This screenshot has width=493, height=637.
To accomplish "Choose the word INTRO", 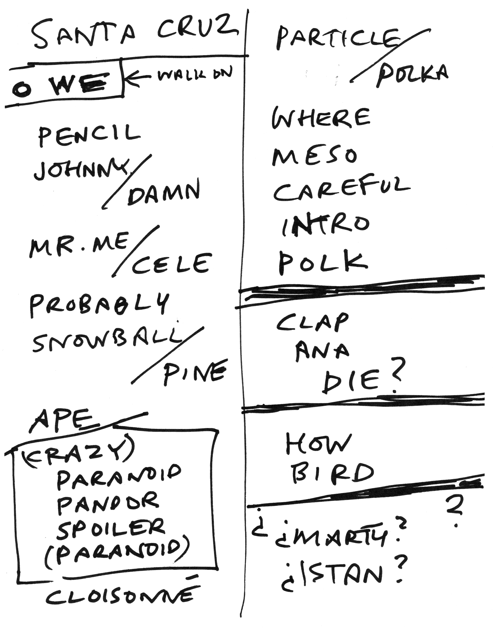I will coord(326,226).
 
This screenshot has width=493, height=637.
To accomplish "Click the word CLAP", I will coord(312,324).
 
